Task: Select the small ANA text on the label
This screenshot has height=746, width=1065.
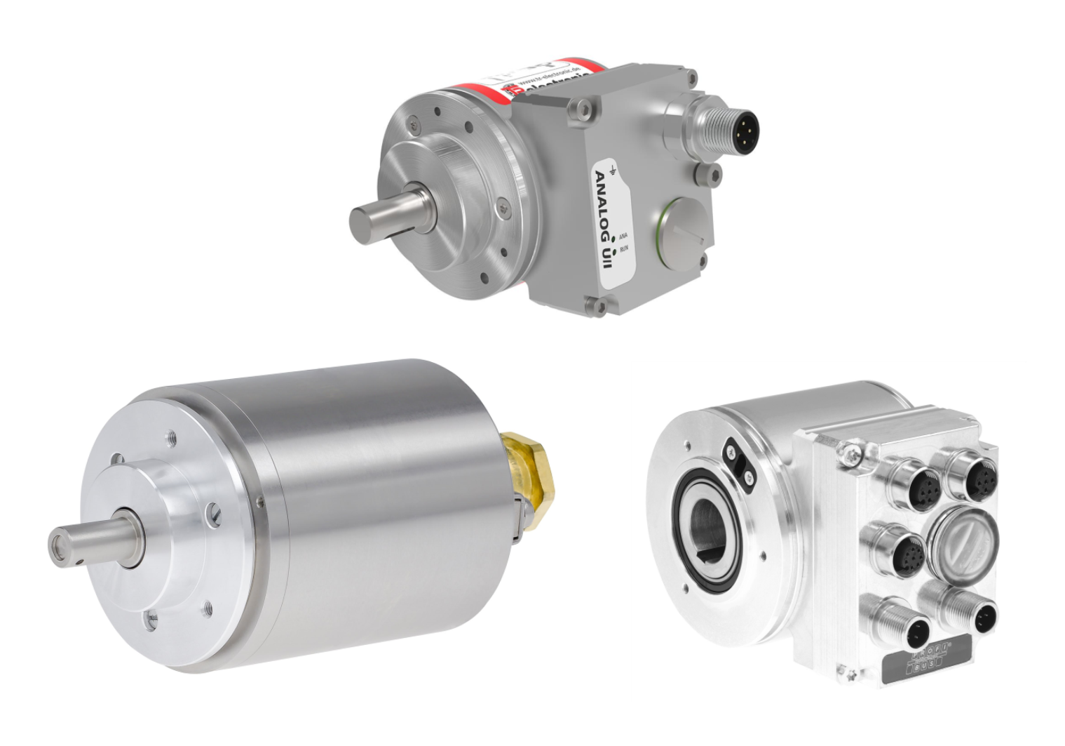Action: point(623,237)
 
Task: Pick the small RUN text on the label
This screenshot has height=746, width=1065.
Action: point(624,248)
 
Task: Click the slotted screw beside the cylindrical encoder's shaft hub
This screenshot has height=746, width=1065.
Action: point(215,516)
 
